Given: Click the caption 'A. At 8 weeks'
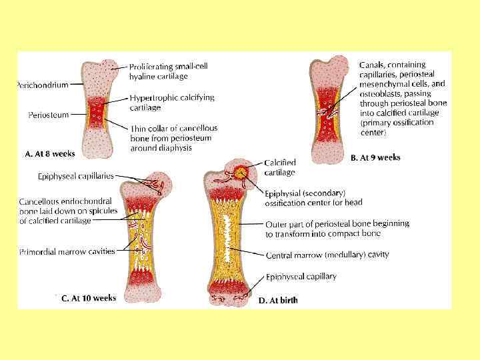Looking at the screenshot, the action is coord(50,154).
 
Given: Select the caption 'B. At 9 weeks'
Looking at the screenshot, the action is coord(375,158).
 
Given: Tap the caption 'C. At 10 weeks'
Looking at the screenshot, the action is coord(89,299).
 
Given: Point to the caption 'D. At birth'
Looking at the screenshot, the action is coord(278,301).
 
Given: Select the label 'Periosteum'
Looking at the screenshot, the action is coord(48,115).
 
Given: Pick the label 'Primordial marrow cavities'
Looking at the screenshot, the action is coord(67,251).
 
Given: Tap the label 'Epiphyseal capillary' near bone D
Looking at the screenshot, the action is coord(301,277).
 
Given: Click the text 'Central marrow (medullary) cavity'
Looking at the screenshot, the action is coord(327,255).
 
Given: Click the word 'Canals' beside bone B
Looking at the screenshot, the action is coord(371,65).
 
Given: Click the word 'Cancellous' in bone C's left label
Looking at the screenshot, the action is coord(39,201).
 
